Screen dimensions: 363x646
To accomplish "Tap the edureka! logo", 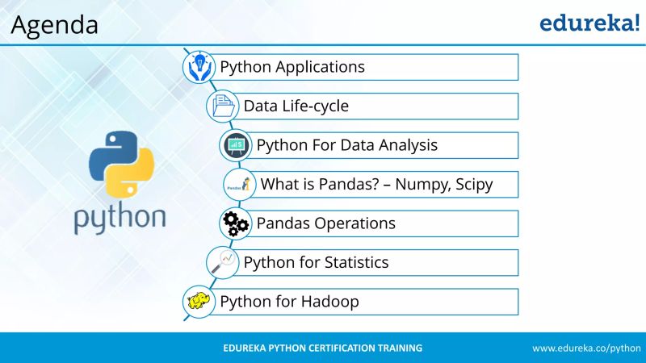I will click(589, 23).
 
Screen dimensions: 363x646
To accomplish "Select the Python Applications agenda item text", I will click(292, 67).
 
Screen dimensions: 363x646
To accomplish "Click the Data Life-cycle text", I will click(296, 106).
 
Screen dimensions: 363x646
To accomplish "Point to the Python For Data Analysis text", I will click(347, 145).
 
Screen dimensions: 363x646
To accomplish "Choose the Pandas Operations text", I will click(326, 223).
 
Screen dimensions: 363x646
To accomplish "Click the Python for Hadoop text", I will click(289, 302).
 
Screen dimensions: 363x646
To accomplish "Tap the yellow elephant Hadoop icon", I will click(199, 302).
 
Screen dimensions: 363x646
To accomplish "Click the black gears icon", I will click(235, 223).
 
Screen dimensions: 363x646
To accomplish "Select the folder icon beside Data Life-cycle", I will click(222, 106).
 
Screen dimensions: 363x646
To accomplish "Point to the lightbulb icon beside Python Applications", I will click(199, 67).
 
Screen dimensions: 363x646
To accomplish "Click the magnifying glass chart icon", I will click(222, 262).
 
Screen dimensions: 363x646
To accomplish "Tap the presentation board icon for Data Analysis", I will click(236, 145).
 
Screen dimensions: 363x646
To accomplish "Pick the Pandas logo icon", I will click(239, 184).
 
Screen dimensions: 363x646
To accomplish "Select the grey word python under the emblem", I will click(120, 218).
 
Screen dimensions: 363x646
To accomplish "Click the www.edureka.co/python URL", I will click(586, 348).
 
